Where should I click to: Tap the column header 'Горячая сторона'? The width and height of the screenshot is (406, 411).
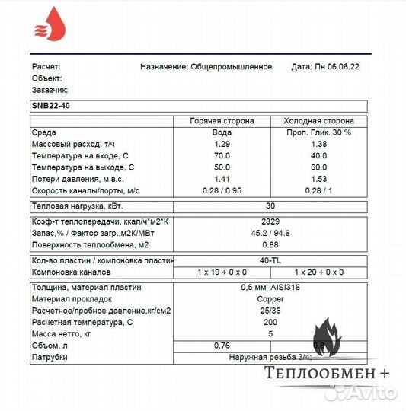coord(222,121)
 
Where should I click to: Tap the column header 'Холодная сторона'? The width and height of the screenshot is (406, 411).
coord(318,121)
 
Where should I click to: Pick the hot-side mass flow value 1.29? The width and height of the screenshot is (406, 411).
coord(222,144)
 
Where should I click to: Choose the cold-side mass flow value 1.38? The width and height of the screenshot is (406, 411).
coord(318,144)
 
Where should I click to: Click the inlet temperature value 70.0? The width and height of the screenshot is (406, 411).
coord(222,155)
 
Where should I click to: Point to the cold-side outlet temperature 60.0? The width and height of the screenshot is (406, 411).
coord(318,167)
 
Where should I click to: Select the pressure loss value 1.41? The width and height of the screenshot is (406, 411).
coord(222,178)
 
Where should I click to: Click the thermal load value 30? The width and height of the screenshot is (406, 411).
coord(270,206)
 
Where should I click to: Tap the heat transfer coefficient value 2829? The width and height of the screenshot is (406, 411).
coord(270,221)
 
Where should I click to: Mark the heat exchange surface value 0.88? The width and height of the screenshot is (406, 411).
coord(270,244)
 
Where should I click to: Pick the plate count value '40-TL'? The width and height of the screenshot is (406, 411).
coord(270,261)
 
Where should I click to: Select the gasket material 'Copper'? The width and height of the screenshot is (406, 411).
coord(270,299)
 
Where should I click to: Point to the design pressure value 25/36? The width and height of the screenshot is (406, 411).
coord(270,311)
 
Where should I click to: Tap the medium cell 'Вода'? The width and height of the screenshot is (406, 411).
coord(222,132)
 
